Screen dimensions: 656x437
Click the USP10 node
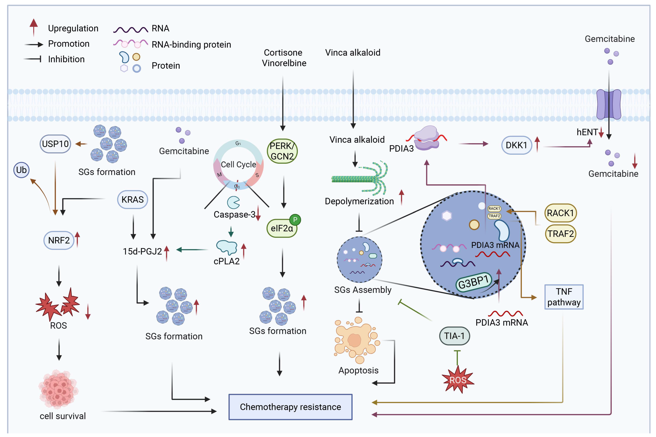(x=55, y=144)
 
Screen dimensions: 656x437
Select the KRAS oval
(x=133, y=200)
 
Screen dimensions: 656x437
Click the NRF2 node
(x=59, y=240)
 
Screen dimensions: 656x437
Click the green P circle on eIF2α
(x=295, y=220)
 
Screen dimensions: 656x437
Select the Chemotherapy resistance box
(x=290, y=407)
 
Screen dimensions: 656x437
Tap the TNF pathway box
(x=564, y=297)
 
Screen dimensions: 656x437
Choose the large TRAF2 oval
(x=560, y=234)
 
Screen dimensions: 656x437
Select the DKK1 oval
(x=517, y=145)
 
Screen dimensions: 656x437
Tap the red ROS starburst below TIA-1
(x=458, y=380)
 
